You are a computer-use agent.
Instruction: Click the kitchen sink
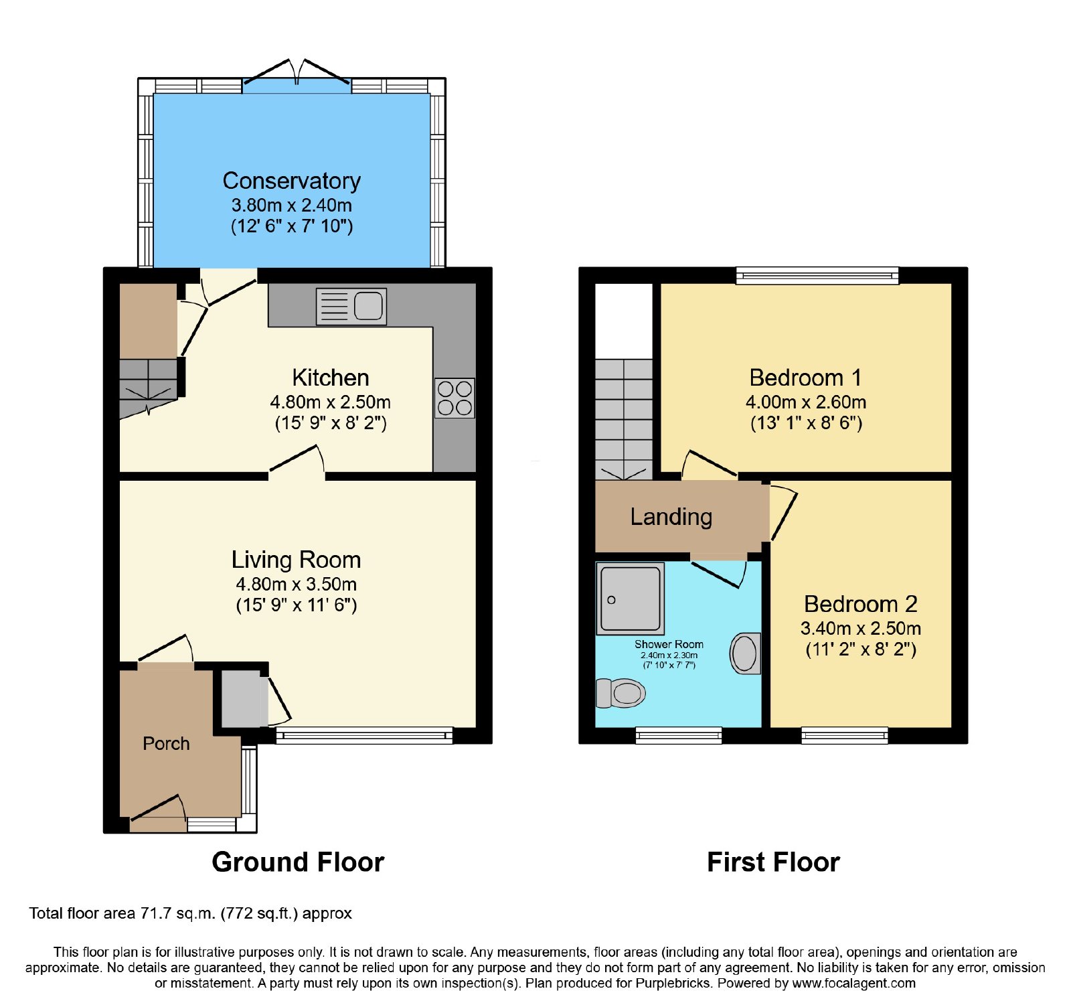pyautogui.click(x=351, y=307)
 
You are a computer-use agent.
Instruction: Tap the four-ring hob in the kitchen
pyautogui.click(x=455, y=398)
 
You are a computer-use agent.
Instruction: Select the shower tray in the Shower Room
pyautogui.click(x=630, y=599)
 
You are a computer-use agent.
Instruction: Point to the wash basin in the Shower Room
pyautogui.click(x=745, y=653)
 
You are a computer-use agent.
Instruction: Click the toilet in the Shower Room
pyautogui.click(x=621, y=693)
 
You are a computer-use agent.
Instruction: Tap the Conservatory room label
pyautogui.click(x=292, y=181)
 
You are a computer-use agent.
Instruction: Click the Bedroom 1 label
pyautogui.click(x=805, y=378)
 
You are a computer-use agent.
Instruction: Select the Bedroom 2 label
pyautogui.click(x=861, y=604)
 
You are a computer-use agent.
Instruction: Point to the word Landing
pyautogui.click(x=671, y=517)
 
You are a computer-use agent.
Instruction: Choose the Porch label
pyautogui.click(x=166, y=743)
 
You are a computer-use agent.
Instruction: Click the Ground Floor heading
pyautogui.click(x=298, y=862)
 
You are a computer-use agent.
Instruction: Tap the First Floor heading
pyautogui.click(x=773, y=862)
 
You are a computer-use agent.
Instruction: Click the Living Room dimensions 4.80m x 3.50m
pyautogui.click(x=296, y=584)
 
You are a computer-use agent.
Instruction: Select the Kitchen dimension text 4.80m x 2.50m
pyautogui.click(x=331, y=402)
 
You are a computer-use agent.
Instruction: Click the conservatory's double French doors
pyautogui.click(x=297, y=73)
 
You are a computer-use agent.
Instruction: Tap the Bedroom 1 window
pyautogui.click(x=817, y=275)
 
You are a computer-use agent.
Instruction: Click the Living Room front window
pyautogui.click(x=364, y=736)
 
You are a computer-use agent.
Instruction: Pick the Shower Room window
pyautogui.click(x=679, y=736)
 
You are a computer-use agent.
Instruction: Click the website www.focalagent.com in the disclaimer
pyautogui.click(x=853, y=984)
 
